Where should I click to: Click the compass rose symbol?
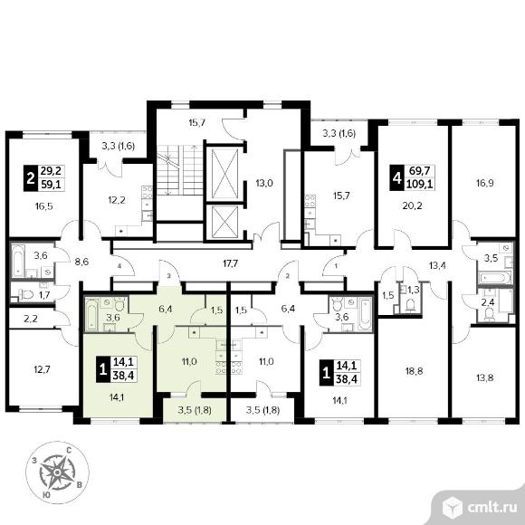[57, 472]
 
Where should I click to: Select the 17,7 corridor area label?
[230, 263]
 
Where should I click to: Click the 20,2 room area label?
[413, 205]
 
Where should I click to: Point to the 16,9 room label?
[485, 183]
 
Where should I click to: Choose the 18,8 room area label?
[414, 371]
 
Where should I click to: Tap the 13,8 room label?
[485, 378]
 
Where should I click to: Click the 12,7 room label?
[43, 369]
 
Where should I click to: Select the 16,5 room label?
[43, 206]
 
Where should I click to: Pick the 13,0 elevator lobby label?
[264, 183]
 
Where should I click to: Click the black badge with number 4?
[396, 178]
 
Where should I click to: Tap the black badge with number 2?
[31, 178]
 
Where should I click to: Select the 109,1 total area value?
[419, 184]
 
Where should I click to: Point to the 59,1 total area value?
[51, 184]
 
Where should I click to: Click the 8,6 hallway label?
[81, 262]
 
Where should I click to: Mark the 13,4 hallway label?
[437, 266]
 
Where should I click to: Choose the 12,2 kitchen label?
[117, 200]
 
